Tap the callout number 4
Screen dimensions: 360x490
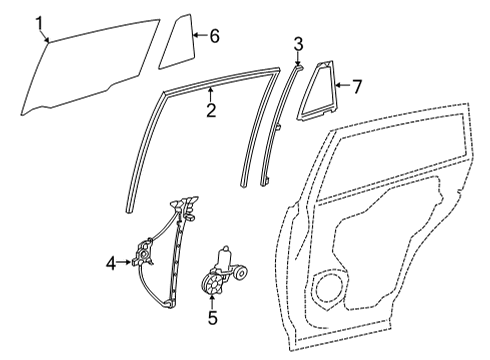point(111,263)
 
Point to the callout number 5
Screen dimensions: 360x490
point(212,320)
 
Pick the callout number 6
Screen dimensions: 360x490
point(213,35)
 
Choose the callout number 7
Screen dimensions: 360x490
point(357,86)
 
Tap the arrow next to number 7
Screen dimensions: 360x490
point(343,86)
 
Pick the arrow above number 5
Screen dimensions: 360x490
point(212,303)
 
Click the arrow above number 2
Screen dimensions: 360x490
point(211,94)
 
